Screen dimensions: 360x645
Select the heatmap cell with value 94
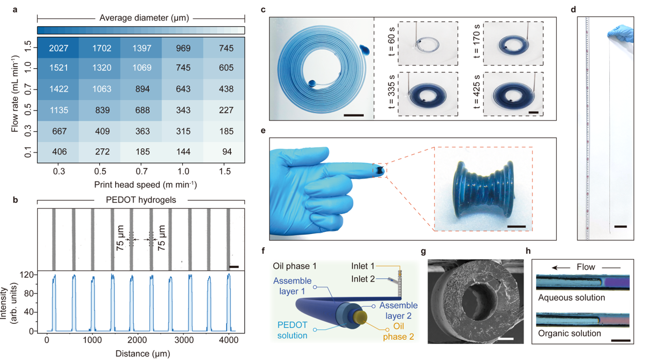pos(224,152)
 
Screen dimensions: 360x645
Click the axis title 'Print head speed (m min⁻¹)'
pos(140,184)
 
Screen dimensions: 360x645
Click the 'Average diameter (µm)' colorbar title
pos(140,18)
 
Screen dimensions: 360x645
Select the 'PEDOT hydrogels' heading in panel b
pos(140,200)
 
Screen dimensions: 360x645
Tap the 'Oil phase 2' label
pos(398,332)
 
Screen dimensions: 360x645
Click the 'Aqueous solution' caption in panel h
pos(571,298)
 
